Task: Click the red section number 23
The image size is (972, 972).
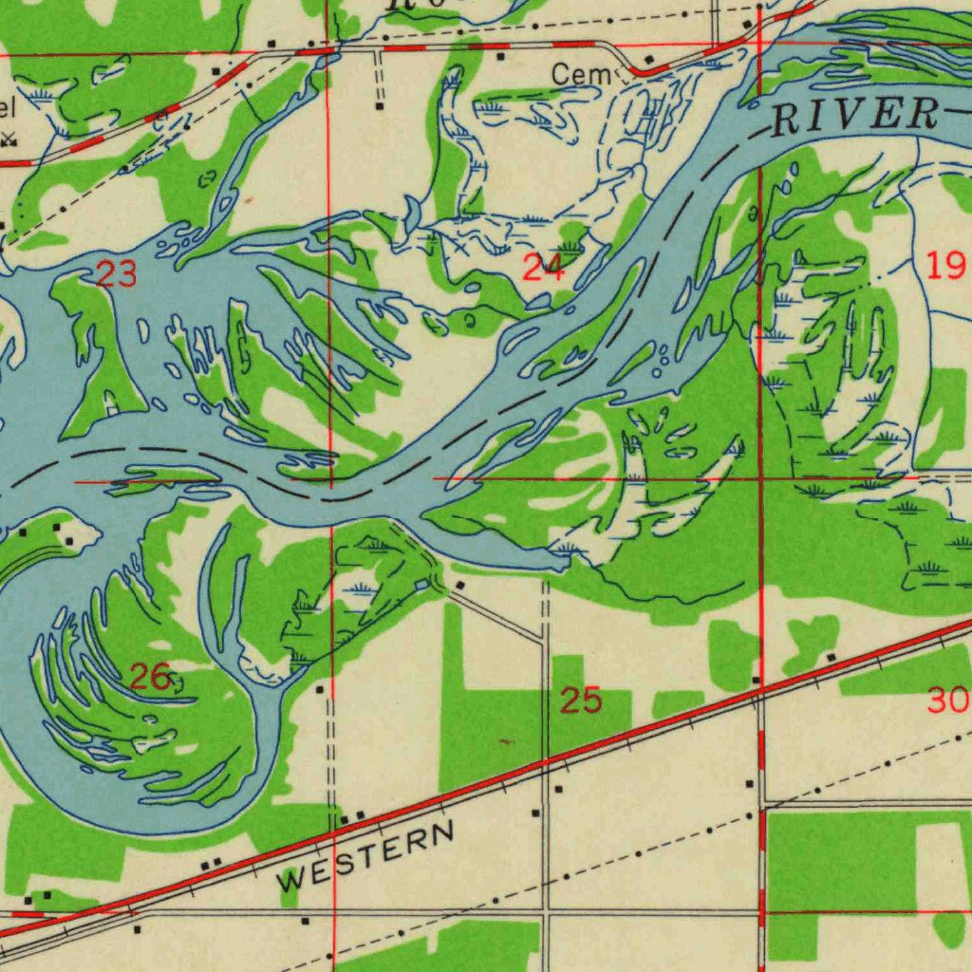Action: pos(116,275)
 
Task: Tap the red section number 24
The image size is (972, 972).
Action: pos(543,269)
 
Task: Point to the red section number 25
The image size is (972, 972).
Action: pos(580,701)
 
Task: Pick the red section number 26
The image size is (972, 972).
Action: pos(149,678)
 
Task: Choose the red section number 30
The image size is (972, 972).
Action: pos(948,701)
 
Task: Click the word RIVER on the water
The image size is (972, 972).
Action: pos(853,115)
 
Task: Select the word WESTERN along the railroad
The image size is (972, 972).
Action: pos(365,857)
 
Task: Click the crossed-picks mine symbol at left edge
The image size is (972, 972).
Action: pos(9,140)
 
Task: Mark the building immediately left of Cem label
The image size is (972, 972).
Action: pos(501,57)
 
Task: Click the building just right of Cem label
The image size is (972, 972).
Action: pos(648,61)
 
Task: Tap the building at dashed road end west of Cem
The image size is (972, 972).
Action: pos(379,106)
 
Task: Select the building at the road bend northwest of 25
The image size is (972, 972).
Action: pos(459,586)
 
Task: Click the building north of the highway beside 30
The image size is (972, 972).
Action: pos(831,656)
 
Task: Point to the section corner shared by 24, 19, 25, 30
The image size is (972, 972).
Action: pos(761,478)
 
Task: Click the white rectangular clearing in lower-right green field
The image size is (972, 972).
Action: pos(942,862)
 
